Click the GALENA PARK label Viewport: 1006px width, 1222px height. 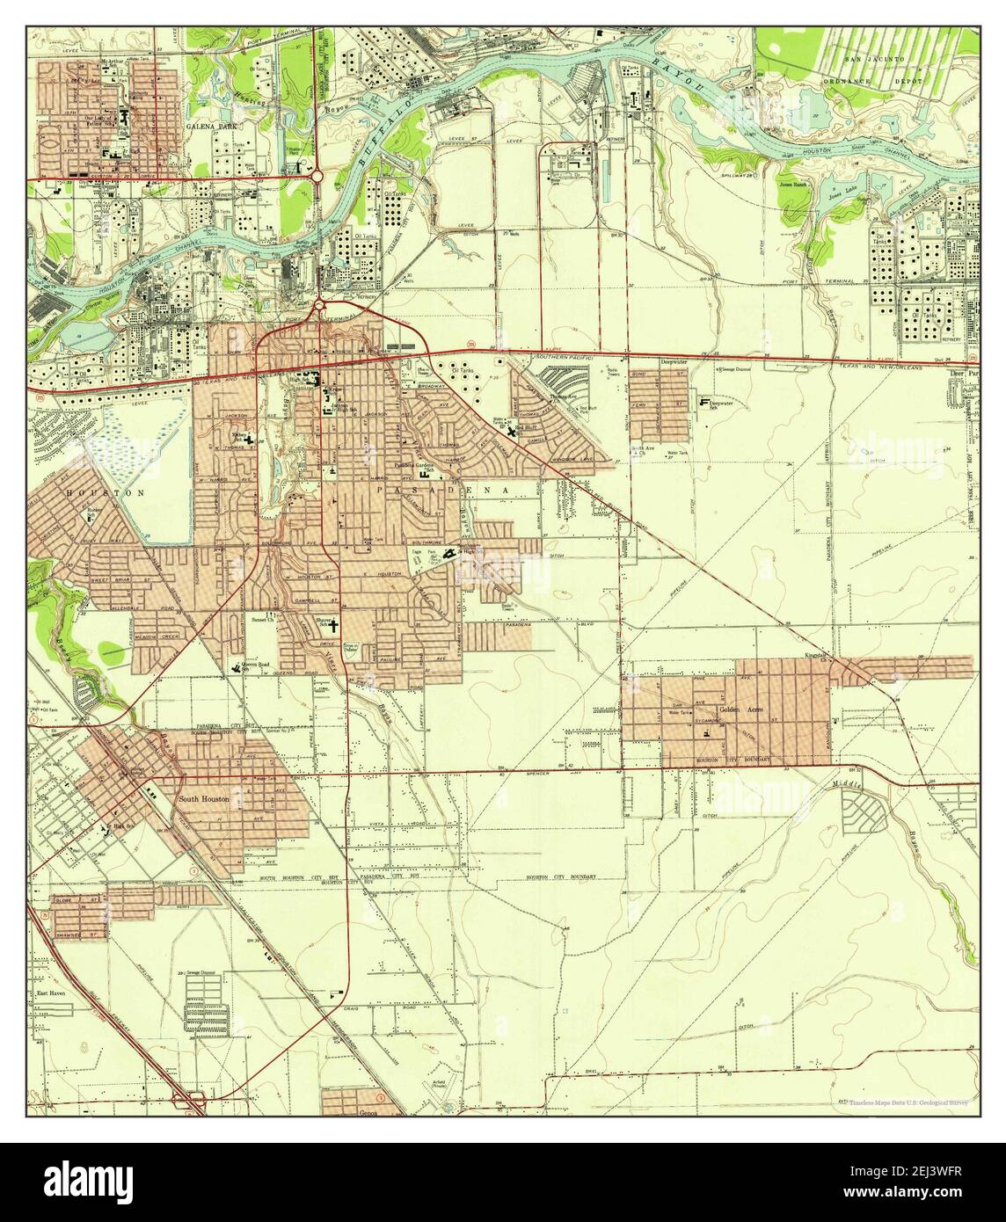(x=207, y=127)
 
